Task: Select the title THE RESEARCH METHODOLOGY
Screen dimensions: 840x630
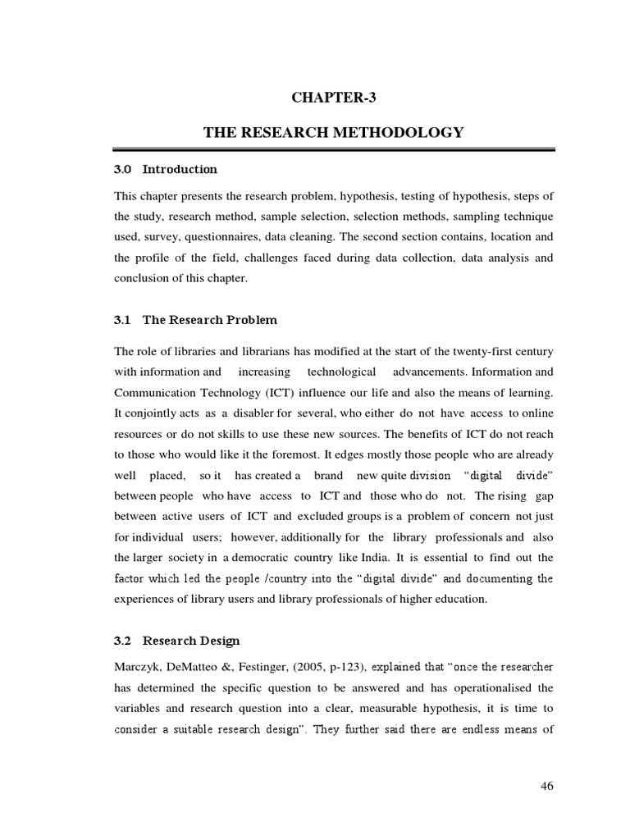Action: click(x=334, y=132)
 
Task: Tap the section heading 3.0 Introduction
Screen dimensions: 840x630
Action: click(x=166, y=170)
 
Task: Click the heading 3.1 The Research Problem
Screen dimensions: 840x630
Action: click(x=195, y=320)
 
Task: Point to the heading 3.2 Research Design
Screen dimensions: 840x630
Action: click(x=177, y=641)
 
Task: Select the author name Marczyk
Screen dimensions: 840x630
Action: click(x=137, y=664)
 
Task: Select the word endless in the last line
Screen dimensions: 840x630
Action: click(x=486, y=728)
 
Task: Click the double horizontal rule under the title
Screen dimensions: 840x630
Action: click(x=334, y=149)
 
